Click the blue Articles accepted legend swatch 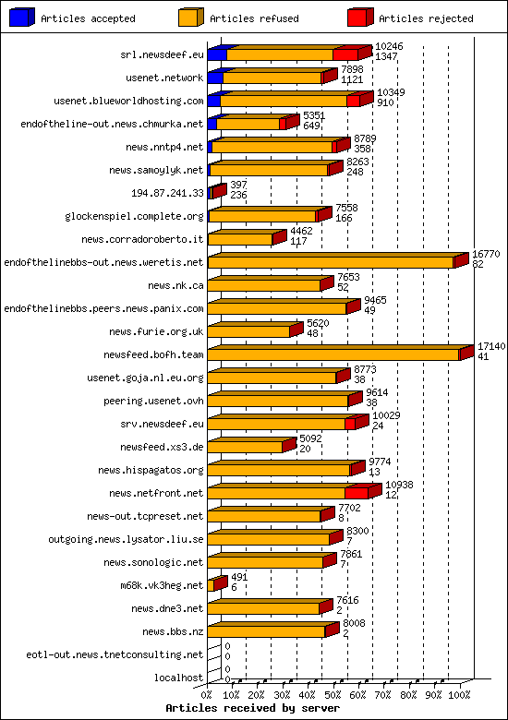pyautogui.click(x=21, y=18)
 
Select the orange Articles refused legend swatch pyautogui.click(x=190, y=18)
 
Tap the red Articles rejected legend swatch pyautogui.click(x=359, y=18)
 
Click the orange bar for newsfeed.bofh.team pyautogui.click(x=333, y=354)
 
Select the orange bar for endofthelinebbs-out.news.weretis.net pyautogui.click(x=331, y=262)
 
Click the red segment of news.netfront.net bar pyautogui.click(x=356, y=493)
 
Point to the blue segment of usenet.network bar pyautogui.click(x=214, y=78)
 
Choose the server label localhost pyautogui.click(x=179, y=678)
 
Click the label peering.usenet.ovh pyautogui.click(x=153, y=401)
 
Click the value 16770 pyautogui.click(x=486, y=254)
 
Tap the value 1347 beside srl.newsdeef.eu pyautogui.click(x=386, y=56)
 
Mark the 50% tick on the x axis pyautogui.click(x=333, y=693)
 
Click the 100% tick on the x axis pyautogui.click(x=458, y=693)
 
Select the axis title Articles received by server pyautogui.click(x=252, y=708)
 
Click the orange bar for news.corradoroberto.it pyautogui.click(x=240, y=239)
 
